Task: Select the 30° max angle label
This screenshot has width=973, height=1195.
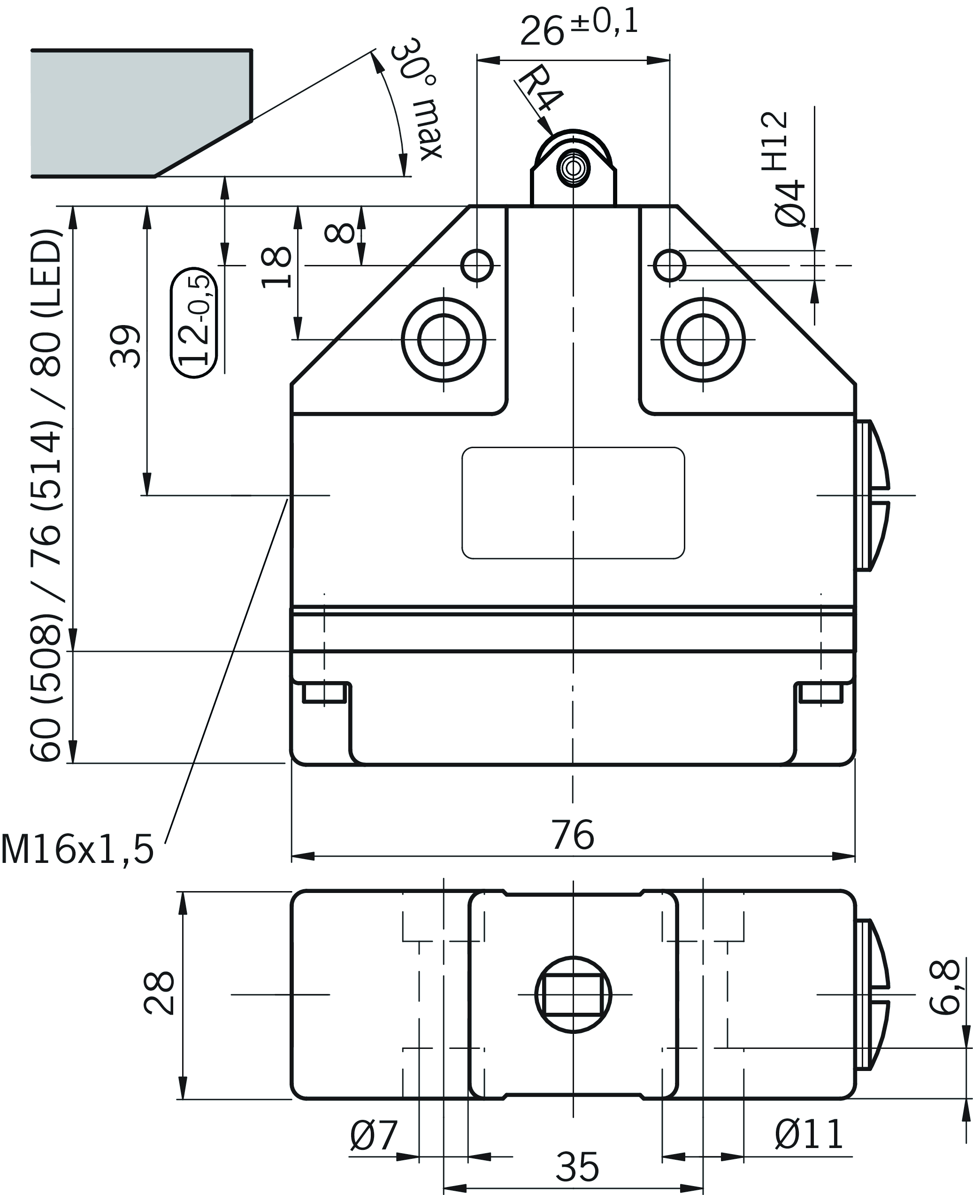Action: coord(418,99)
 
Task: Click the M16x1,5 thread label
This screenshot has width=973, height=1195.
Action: coord(77,850)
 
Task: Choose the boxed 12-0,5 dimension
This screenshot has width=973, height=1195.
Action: coord(194,322)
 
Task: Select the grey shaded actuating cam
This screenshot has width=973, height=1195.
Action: coord(140,112)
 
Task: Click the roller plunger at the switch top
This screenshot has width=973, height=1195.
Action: coord(573,168)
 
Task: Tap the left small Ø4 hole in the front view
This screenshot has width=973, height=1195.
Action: coord(477,265)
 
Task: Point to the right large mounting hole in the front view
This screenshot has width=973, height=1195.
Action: coord(703,340)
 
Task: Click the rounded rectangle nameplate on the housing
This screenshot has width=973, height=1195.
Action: coord(573,503)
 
